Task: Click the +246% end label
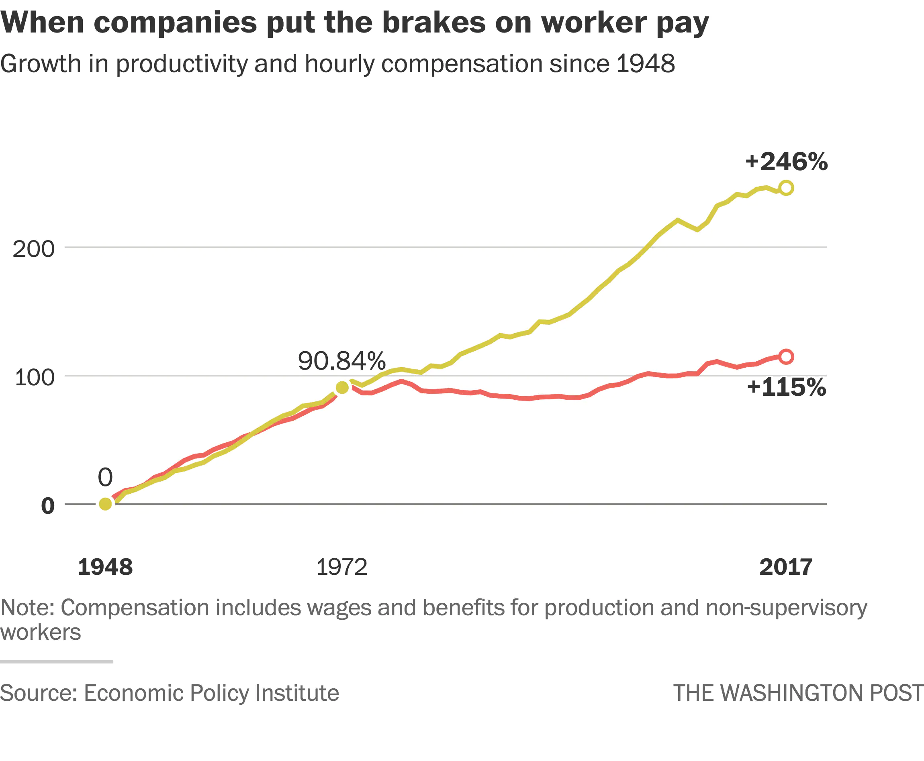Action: (786, 161)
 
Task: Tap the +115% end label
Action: (786, 387)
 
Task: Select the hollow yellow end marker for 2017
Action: (786, 188)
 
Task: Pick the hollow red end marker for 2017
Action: (786, 357)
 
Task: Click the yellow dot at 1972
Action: (342, 387)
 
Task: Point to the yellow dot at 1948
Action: (105, 504)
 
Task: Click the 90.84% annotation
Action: (342, 361)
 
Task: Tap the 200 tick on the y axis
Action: (34, 249)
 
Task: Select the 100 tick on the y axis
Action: (35, 377)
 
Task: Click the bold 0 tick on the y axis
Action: (48, 506)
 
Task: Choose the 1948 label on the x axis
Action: (105, 567)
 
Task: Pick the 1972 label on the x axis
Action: (342, 567)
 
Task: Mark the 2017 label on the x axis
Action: (786, 567)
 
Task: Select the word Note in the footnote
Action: (27, 608)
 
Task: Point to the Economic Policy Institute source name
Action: (211, 693)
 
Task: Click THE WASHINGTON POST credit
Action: (799, 693)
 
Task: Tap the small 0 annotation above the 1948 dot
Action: (105, 477)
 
